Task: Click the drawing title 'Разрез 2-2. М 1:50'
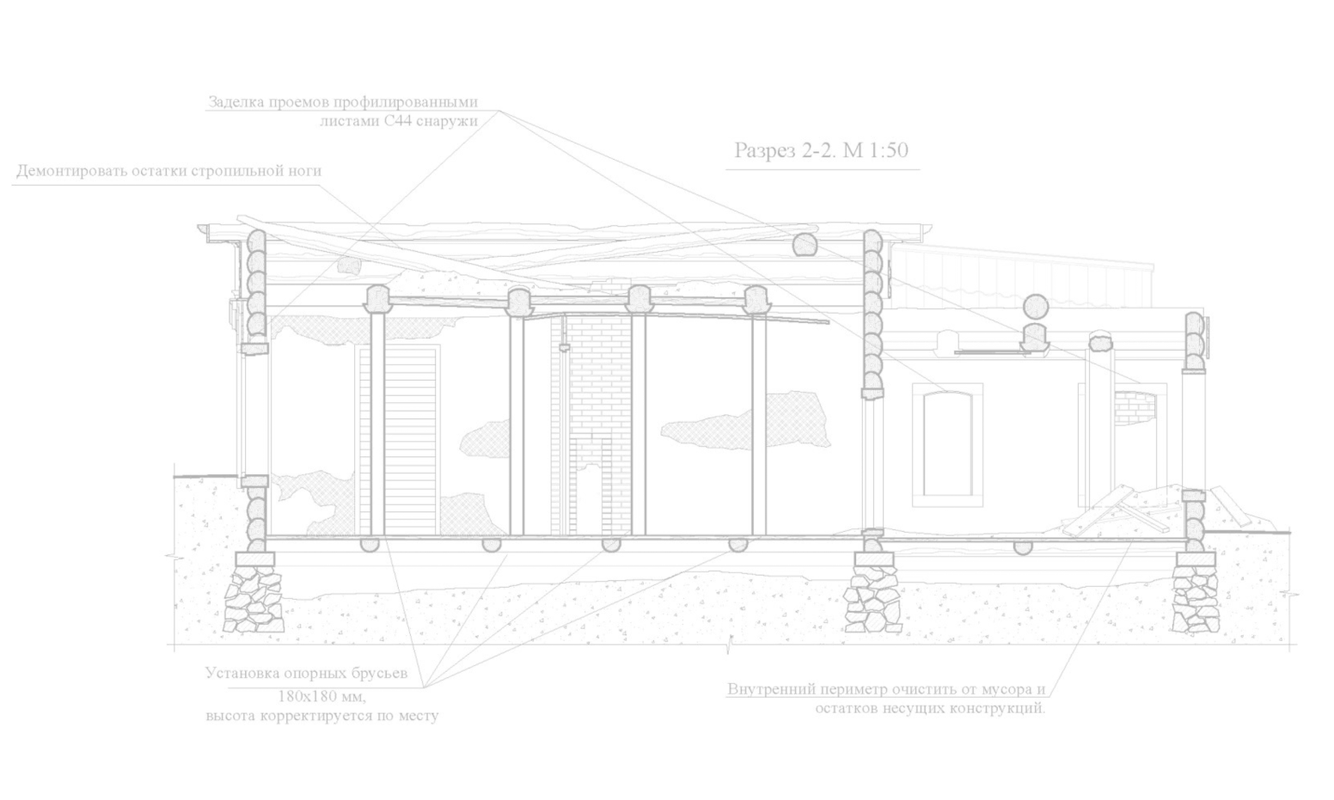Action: coord(821,150)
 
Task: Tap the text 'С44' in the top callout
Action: coord(398,122)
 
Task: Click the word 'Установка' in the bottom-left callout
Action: coord(242,673)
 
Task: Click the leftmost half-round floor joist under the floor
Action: coord(370,545)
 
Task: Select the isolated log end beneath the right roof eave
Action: coord(805,244)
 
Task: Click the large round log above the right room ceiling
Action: coord(1034,308)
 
